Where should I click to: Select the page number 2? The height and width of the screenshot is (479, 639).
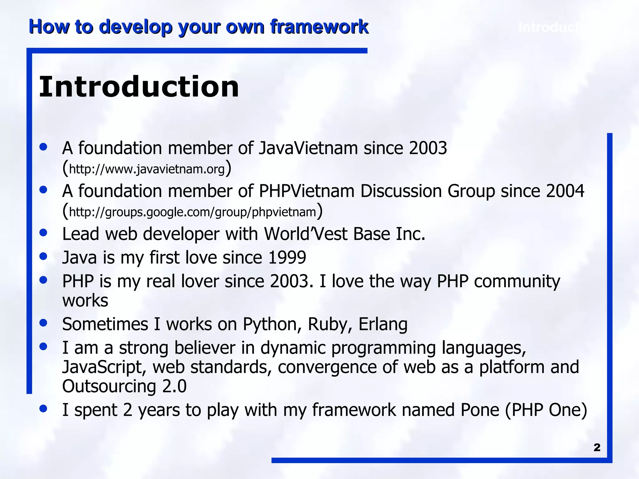coord(597,448)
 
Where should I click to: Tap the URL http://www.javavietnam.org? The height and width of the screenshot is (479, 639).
coord(147,169)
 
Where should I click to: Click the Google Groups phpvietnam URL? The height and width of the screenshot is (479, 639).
coord(192,212)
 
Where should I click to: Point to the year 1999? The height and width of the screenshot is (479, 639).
coord(287,258)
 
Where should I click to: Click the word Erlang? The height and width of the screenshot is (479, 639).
coord(383,324)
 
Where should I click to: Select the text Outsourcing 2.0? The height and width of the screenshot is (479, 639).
coord(124,386)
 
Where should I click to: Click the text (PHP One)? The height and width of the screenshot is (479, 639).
coord(546,410)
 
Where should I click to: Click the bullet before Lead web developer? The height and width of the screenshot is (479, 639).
coord(43,233)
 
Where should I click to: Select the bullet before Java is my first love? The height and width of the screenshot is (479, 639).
coord(43,256)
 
